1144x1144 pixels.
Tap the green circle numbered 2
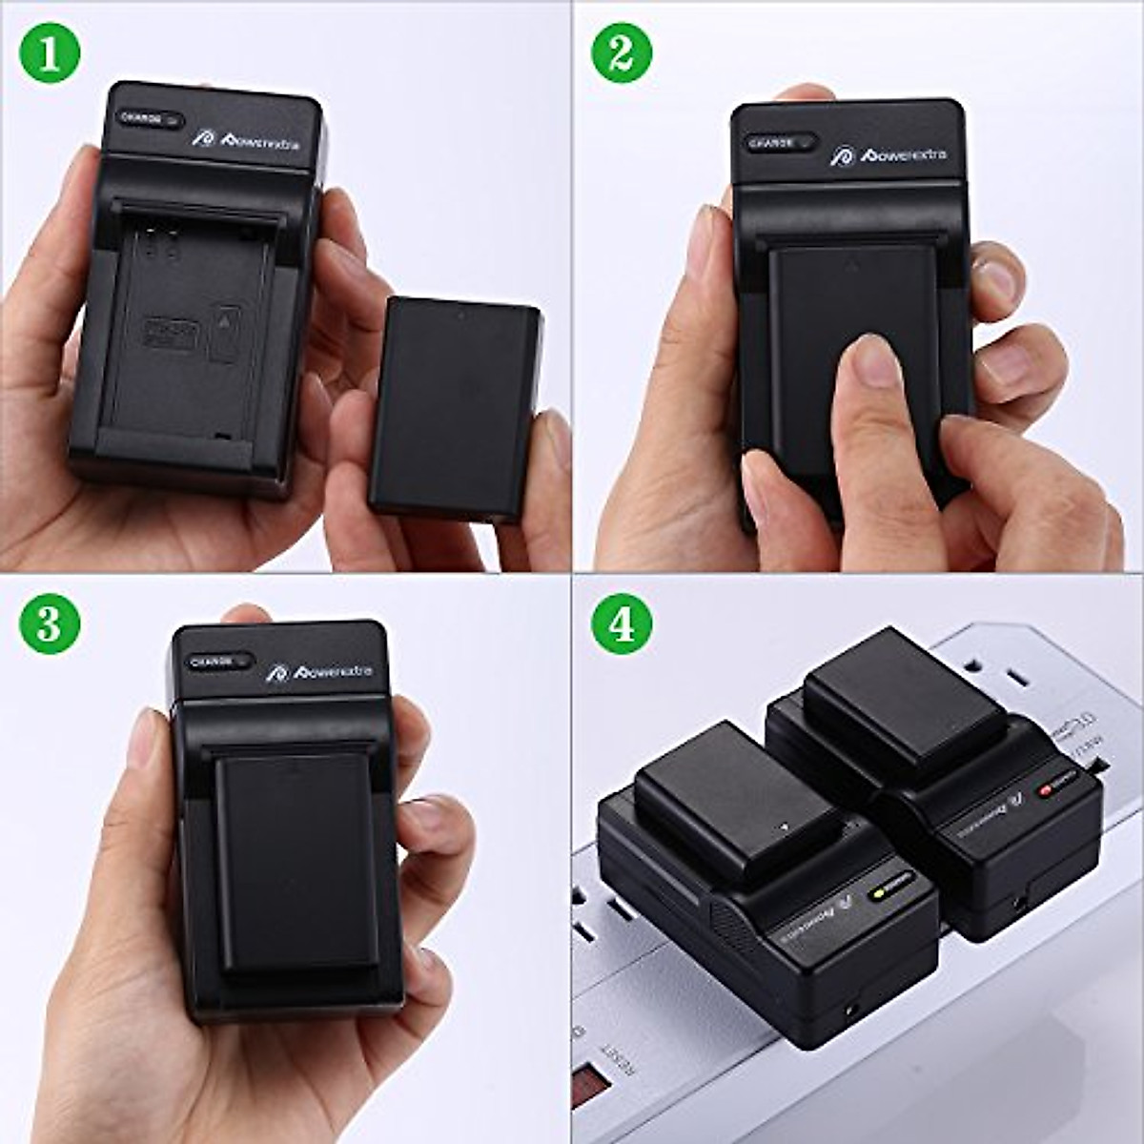point(622,53)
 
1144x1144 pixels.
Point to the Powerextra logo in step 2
point(888,154)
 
